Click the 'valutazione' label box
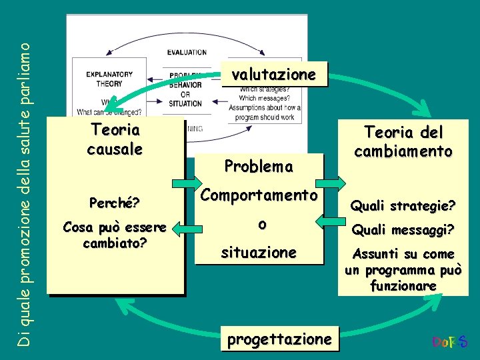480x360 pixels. pyautogui.click(x=273, y=75)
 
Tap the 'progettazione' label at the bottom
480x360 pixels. pyautogui.click(x=279, y=339)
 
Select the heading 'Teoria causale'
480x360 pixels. pyautogui.click(x=115, y=139)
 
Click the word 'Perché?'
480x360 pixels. pyautogui.click(x=115, y=200)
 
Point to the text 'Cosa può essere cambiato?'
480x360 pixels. pyautogui.click(x=115, y=234)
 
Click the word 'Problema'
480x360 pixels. pyautogui.click(x=259, y=167)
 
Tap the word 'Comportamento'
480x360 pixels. pyautogui.click(x=259, y=195)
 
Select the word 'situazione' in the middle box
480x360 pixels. pyautogui.click(x=259, y=252)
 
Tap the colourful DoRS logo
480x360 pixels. pyautogui.click(x=450, y=343)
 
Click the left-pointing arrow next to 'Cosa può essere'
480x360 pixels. pyautogui.click(x=191, y=229)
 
